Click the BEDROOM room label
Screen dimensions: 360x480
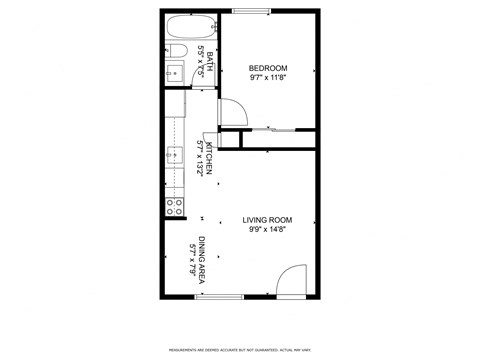coord(267,68)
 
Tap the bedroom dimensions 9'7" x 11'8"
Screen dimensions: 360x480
coord(267,78)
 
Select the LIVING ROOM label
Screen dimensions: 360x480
coord(267,220)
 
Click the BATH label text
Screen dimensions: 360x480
coord(209,56)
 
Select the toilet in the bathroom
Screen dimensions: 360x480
coord(175,49)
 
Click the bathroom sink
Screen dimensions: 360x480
coord(172,72)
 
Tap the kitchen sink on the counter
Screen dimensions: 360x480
coord(174,155)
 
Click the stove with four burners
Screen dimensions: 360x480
coord(174,207)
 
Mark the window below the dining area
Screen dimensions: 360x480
coord(219,296)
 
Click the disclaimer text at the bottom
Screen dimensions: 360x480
coord(240,349)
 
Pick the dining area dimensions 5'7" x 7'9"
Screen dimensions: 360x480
coord(192,258)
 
